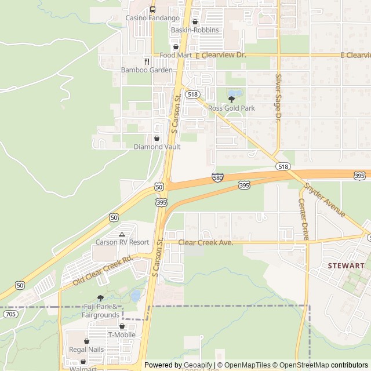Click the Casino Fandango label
coord(152,18)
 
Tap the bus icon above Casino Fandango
coord(152,9)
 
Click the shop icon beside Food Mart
coord(176,47)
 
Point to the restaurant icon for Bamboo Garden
coord(147,61)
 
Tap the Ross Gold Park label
coord(231,108)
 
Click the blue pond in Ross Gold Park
coord(234,93)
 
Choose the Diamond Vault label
coord(157,147)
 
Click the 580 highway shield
coord(217,177)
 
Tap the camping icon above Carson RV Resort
coord(122,234)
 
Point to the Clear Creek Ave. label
coord(206,242)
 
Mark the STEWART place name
coord(346,265)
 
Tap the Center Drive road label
coord(304,219)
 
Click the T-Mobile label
coord(122,334)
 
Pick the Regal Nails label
coord(86,350)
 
